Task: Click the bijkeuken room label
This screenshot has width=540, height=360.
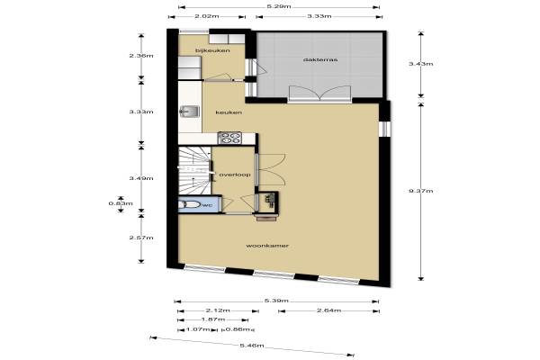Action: click(212, 50)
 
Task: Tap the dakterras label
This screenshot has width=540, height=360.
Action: click(320, 59)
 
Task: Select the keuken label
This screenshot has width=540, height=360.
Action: click(229, 112)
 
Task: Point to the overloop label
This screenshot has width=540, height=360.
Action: click(235, 175)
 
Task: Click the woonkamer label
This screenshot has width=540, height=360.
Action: click(267, 246)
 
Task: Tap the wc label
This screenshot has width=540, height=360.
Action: click(208, 205)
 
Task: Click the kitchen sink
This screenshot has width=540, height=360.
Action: click(189, 112)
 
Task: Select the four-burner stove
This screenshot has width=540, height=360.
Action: click(229, 138)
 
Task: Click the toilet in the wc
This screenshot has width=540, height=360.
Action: click(189, 204)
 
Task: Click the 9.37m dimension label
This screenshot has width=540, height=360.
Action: click(421, 191)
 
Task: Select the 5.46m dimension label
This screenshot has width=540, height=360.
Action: click(252, 346)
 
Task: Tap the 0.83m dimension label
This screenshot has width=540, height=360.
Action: click(121, 203)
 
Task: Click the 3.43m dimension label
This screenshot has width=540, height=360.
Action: click(421, 64)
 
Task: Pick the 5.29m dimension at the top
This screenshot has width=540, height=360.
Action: click(278, 6)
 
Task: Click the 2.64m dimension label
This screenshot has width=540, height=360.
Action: click(328, 310)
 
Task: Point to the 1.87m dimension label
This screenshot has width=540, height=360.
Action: click(213, 319)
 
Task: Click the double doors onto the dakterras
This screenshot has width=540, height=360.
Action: click(319, 93)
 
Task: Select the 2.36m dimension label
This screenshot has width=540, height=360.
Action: click(141, 56)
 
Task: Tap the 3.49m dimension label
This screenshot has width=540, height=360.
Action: click(141, 178)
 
